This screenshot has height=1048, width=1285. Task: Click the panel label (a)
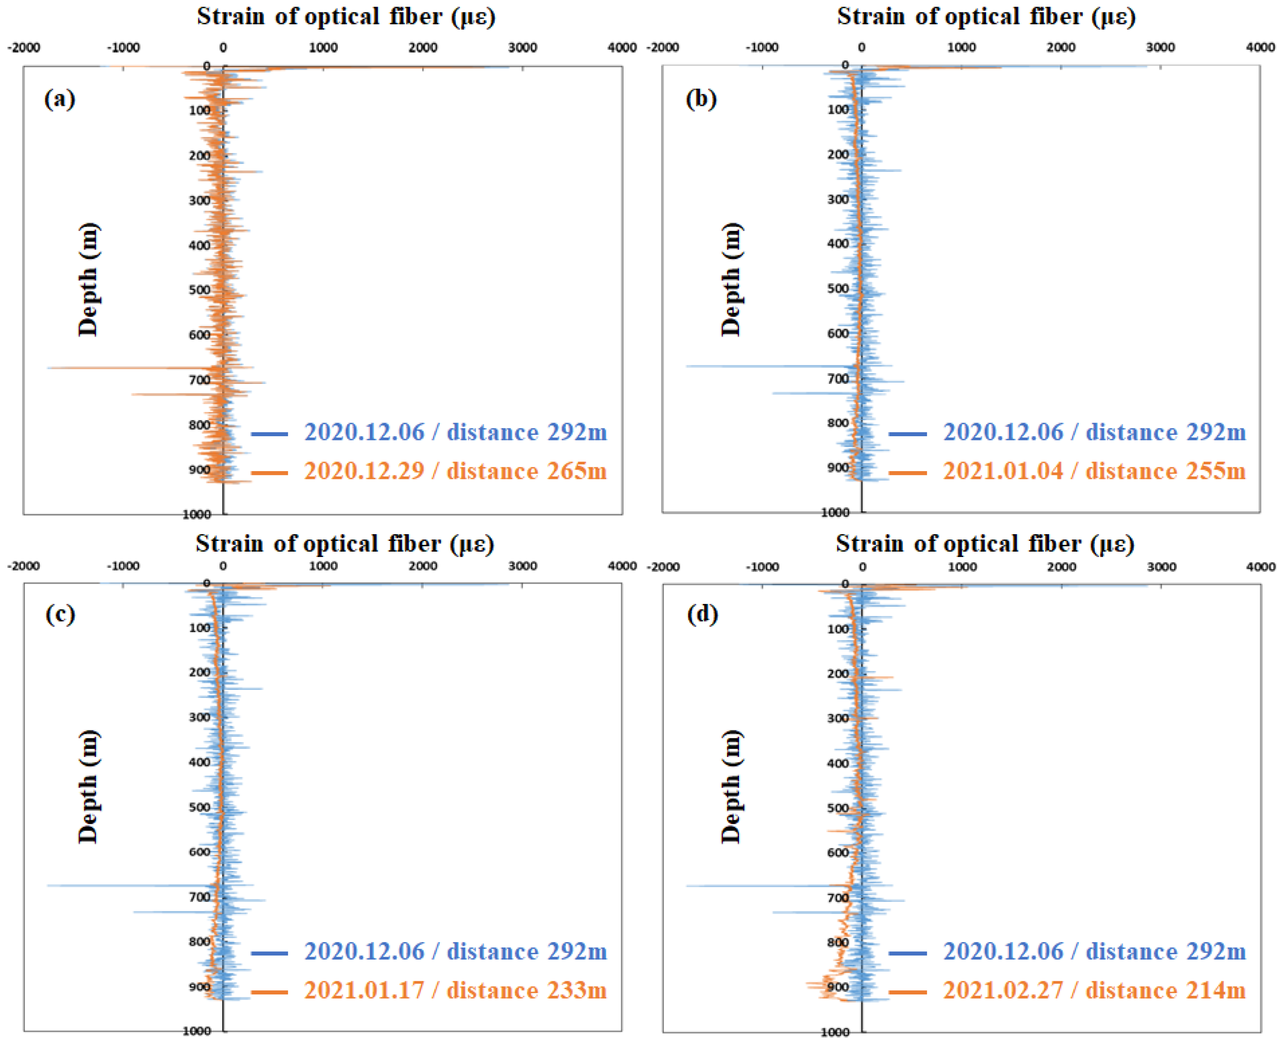click(x=59, y=98)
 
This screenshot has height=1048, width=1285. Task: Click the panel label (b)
click(x=701, y=98)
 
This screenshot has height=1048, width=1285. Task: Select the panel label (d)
click(x=702, y=615)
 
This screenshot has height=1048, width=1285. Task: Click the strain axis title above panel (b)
click(x=986, y=16)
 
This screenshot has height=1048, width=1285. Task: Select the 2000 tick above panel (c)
click(x=422, y=566)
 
